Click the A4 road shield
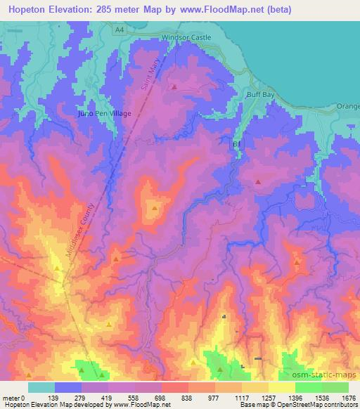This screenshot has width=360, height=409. click(x=120, y=28)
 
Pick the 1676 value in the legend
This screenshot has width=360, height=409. click(x=348, y=397)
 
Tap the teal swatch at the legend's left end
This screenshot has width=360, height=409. click(x=41, y=387)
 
